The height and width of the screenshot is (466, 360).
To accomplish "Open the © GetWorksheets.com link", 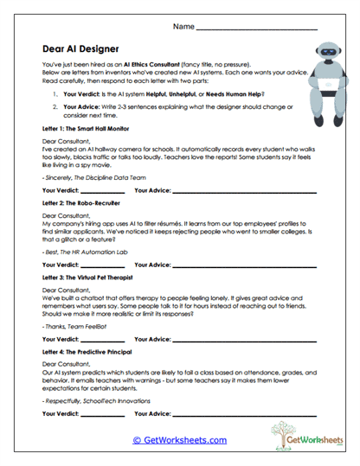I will [179, 440].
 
